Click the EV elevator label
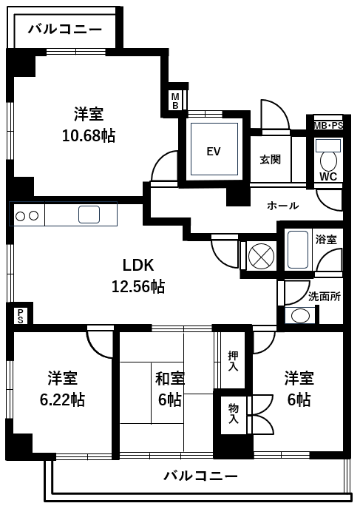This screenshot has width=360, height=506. (x=214, y=151)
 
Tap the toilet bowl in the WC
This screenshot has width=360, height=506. (x=328, y=161)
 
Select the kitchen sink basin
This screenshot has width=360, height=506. (x=89, y=215)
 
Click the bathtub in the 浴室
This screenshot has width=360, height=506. (x=298, y=249)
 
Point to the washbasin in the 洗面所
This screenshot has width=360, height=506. (x=300, y=316)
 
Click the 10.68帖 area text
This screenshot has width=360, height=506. (x=89, y=135)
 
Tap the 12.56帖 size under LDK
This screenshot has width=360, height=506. (x=138, y=286)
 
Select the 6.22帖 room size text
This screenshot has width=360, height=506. (x=62, y=399)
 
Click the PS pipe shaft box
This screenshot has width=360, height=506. (x=20, y=316)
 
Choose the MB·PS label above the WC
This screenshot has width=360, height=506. (x=328, y=126)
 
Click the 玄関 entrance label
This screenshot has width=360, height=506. (x=271, y=159)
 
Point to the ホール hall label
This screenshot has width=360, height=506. (x=282, y=206)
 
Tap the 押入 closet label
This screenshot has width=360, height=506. (x=234, y=361)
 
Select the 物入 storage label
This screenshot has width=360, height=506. (x=234, y=414)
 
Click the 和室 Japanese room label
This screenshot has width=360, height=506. (x=170, y=378)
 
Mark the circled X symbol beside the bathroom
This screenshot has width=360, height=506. (x=261, y=257)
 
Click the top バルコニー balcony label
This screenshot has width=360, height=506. (x=65, y=30)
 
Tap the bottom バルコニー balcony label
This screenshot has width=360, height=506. (x=200, y=476)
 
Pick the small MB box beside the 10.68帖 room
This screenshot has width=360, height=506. (x=175, y=101)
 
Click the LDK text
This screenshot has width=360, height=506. (x=138, y=266)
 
